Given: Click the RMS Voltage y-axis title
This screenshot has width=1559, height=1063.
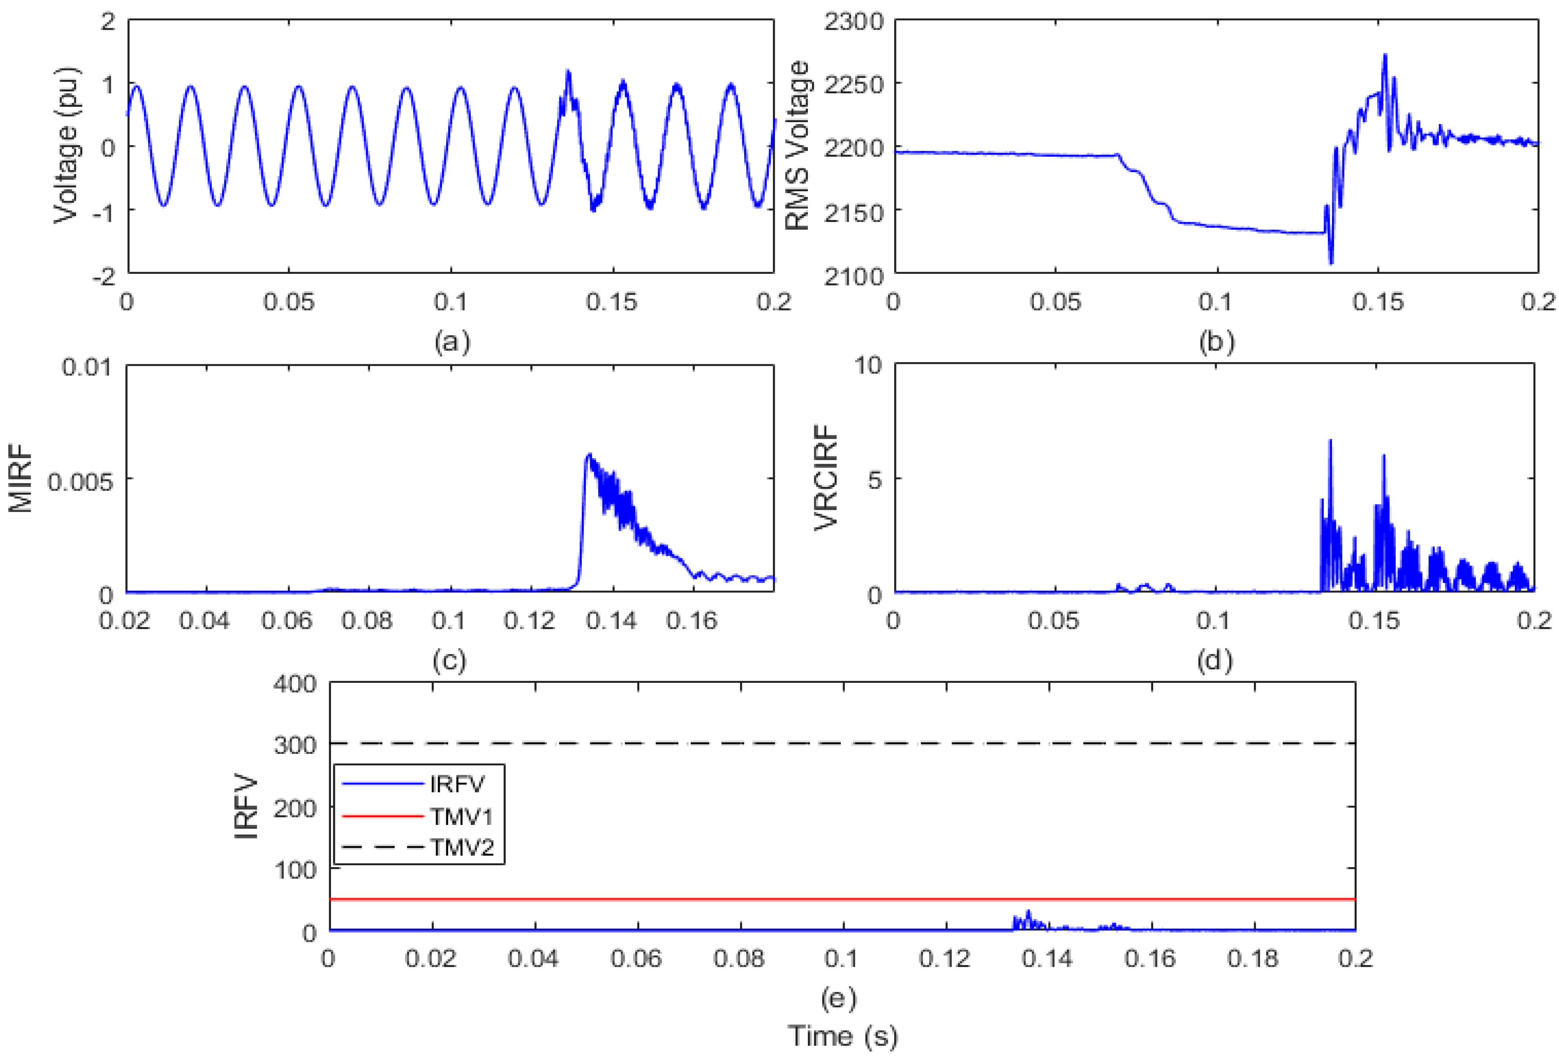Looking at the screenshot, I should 798,146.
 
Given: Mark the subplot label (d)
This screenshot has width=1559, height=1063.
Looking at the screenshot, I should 1215,661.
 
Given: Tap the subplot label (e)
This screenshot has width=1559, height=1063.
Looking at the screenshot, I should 838,998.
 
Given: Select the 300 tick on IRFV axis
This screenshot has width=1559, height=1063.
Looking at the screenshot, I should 295,745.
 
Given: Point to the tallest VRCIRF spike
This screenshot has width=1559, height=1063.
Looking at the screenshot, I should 1330,440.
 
